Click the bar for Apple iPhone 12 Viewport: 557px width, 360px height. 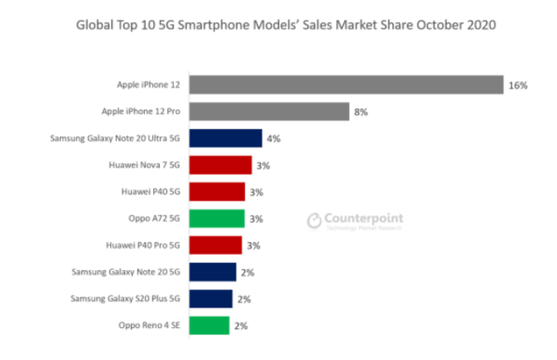[346, 85]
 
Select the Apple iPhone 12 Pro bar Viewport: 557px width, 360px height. [269, 111]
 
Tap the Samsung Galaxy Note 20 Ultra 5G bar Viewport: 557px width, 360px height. [226, 138]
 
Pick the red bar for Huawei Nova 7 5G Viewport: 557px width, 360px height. [220, 165]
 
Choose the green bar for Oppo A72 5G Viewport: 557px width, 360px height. [217, 218]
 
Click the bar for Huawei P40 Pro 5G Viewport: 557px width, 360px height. [216, 245]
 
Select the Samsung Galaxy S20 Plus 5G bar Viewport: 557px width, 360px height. [211, 298]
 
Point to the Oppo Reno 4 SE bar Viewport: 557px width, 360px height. [209, 325]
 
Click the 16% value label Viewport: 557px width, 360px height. [518, 85]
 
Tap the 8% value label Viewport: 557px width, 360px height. [361, 112]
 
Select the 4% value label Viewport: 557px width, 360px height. [274, 139]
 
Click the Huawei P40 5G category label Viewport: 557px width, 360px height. [151, 192]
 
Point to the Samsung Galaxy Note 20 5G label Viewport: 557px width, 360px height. [126, 272]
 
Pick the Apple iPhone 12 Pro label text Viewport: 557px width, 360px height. [141, 111]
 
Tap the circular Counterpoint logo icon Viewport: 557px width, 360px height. [314, 221]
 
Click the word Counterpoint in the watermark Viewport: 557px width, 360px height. [363, 218]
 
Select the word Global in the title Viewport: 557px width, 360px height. [93, 26]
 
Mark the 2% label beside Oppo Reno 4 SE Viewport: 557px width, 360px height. [241, 326]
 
